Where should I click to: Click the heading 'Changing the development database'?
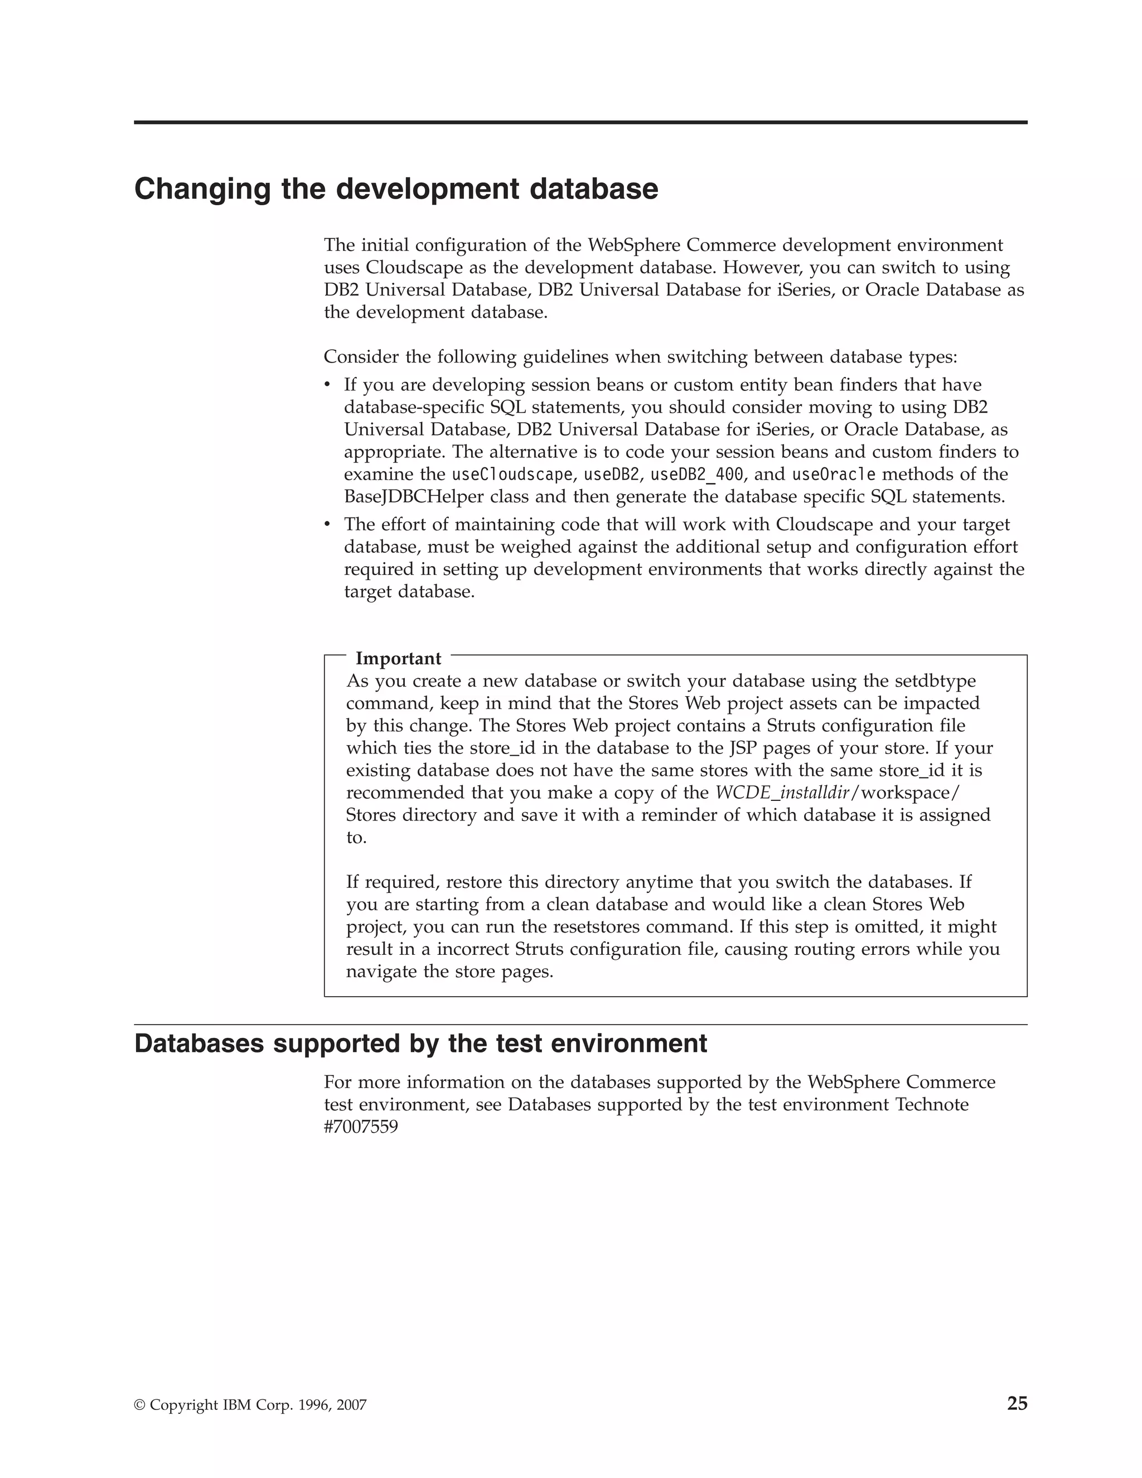[x=396, y=189]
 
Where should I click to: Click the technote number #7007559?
[x=361, y=1127]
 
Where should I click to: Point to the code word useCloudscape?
[x=511, y=475]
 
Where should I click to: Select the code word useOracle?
[x=834, y=475]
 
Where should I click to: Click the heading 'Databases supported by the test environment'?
[x=420, y=1044]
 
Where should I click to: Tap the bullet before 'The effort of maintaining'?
[x=327, y=524]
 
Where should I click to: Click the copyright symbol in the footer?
[x=140, y=1405]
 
